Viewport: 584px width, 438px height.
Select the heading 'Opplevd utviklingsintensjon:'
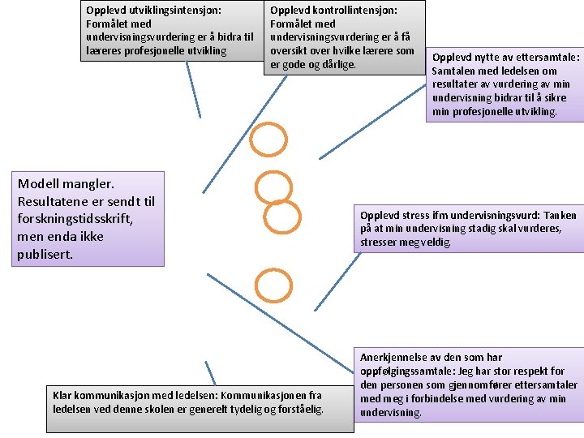pos(154,11)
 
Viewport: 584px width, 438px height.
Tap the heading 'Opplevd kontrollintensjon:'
pos(333,11)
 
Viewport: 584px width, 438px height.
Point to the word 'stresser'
pos(380,242)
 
